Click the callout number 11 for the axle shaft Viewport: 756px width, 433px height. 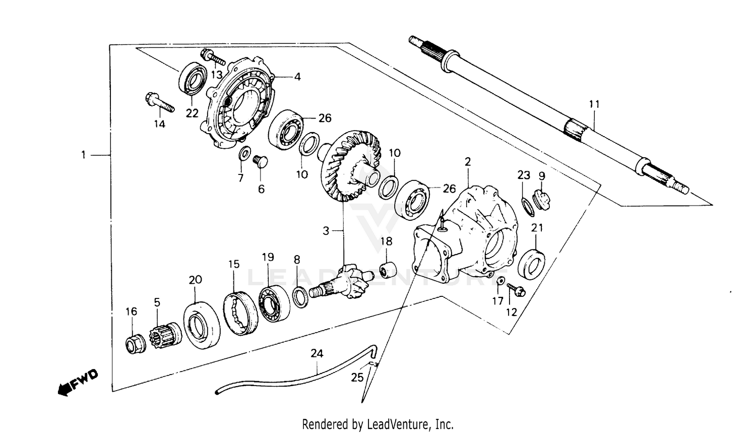pos(595,105)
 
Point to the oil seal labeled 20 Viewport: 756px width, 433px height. pos(201,325)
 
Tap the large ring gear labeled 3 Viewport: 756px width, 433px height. pos(350,166)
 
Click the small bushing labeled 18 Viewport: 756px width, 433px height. pos(387,269)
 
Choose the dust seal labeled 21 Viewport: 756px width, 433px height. pos(532,264)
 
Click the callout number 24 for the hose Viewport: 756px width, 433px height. pos(317,353)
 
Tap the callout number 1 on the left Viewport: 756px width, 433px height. pos(84,155)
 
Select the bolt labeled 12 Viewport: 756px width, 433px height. pos(516,289)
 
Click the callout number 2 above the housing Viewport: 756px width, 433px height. pos(468,162)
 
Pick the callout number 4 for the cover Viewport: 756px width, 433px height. pos(297,77)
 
